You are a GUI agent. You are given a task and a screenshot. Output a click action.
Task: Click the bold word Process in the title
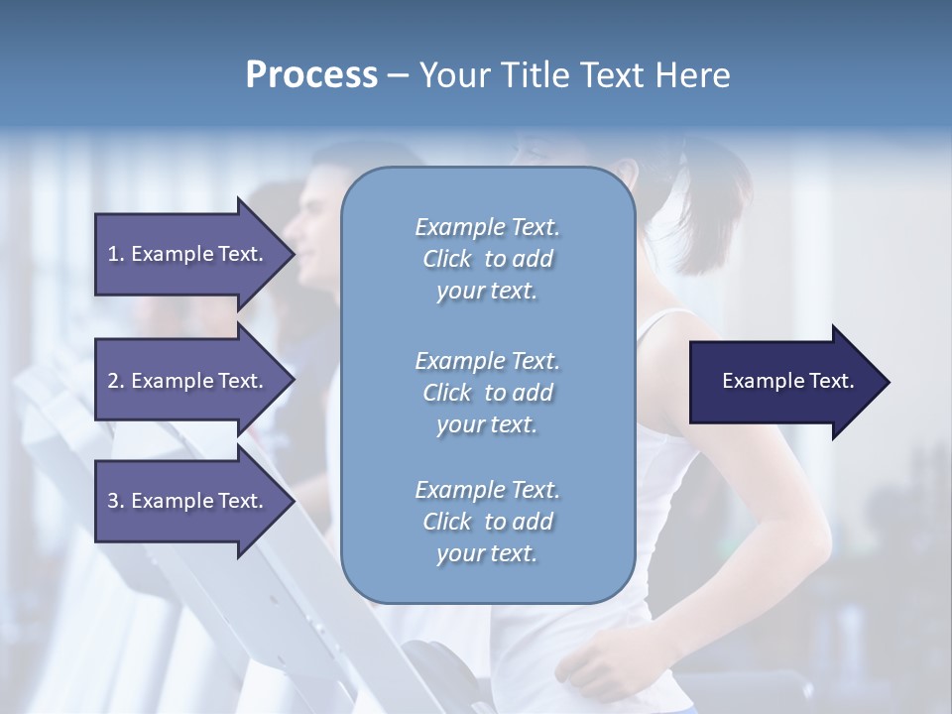(311, 75)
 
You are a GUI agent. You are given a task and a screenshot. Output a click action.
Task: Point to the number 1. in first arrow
(116, 255)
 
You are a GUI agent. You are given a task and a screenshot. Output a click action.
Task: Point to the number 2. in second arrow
(116, 382)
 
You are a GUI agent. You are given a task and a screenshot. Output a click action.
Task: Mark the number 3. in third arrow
(116, 502)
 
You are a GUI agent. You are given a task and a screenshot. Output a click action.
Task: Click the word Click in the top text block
(447, 260)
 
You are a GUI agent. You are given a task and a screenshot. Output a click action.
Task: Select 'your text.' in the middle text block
(487, 424)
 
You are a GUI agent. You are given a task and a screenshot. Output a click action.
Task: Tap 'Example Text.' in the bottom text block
(487, 490)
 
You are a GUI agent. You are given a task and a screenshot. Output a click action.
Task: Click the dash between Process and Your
(398, 76)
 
